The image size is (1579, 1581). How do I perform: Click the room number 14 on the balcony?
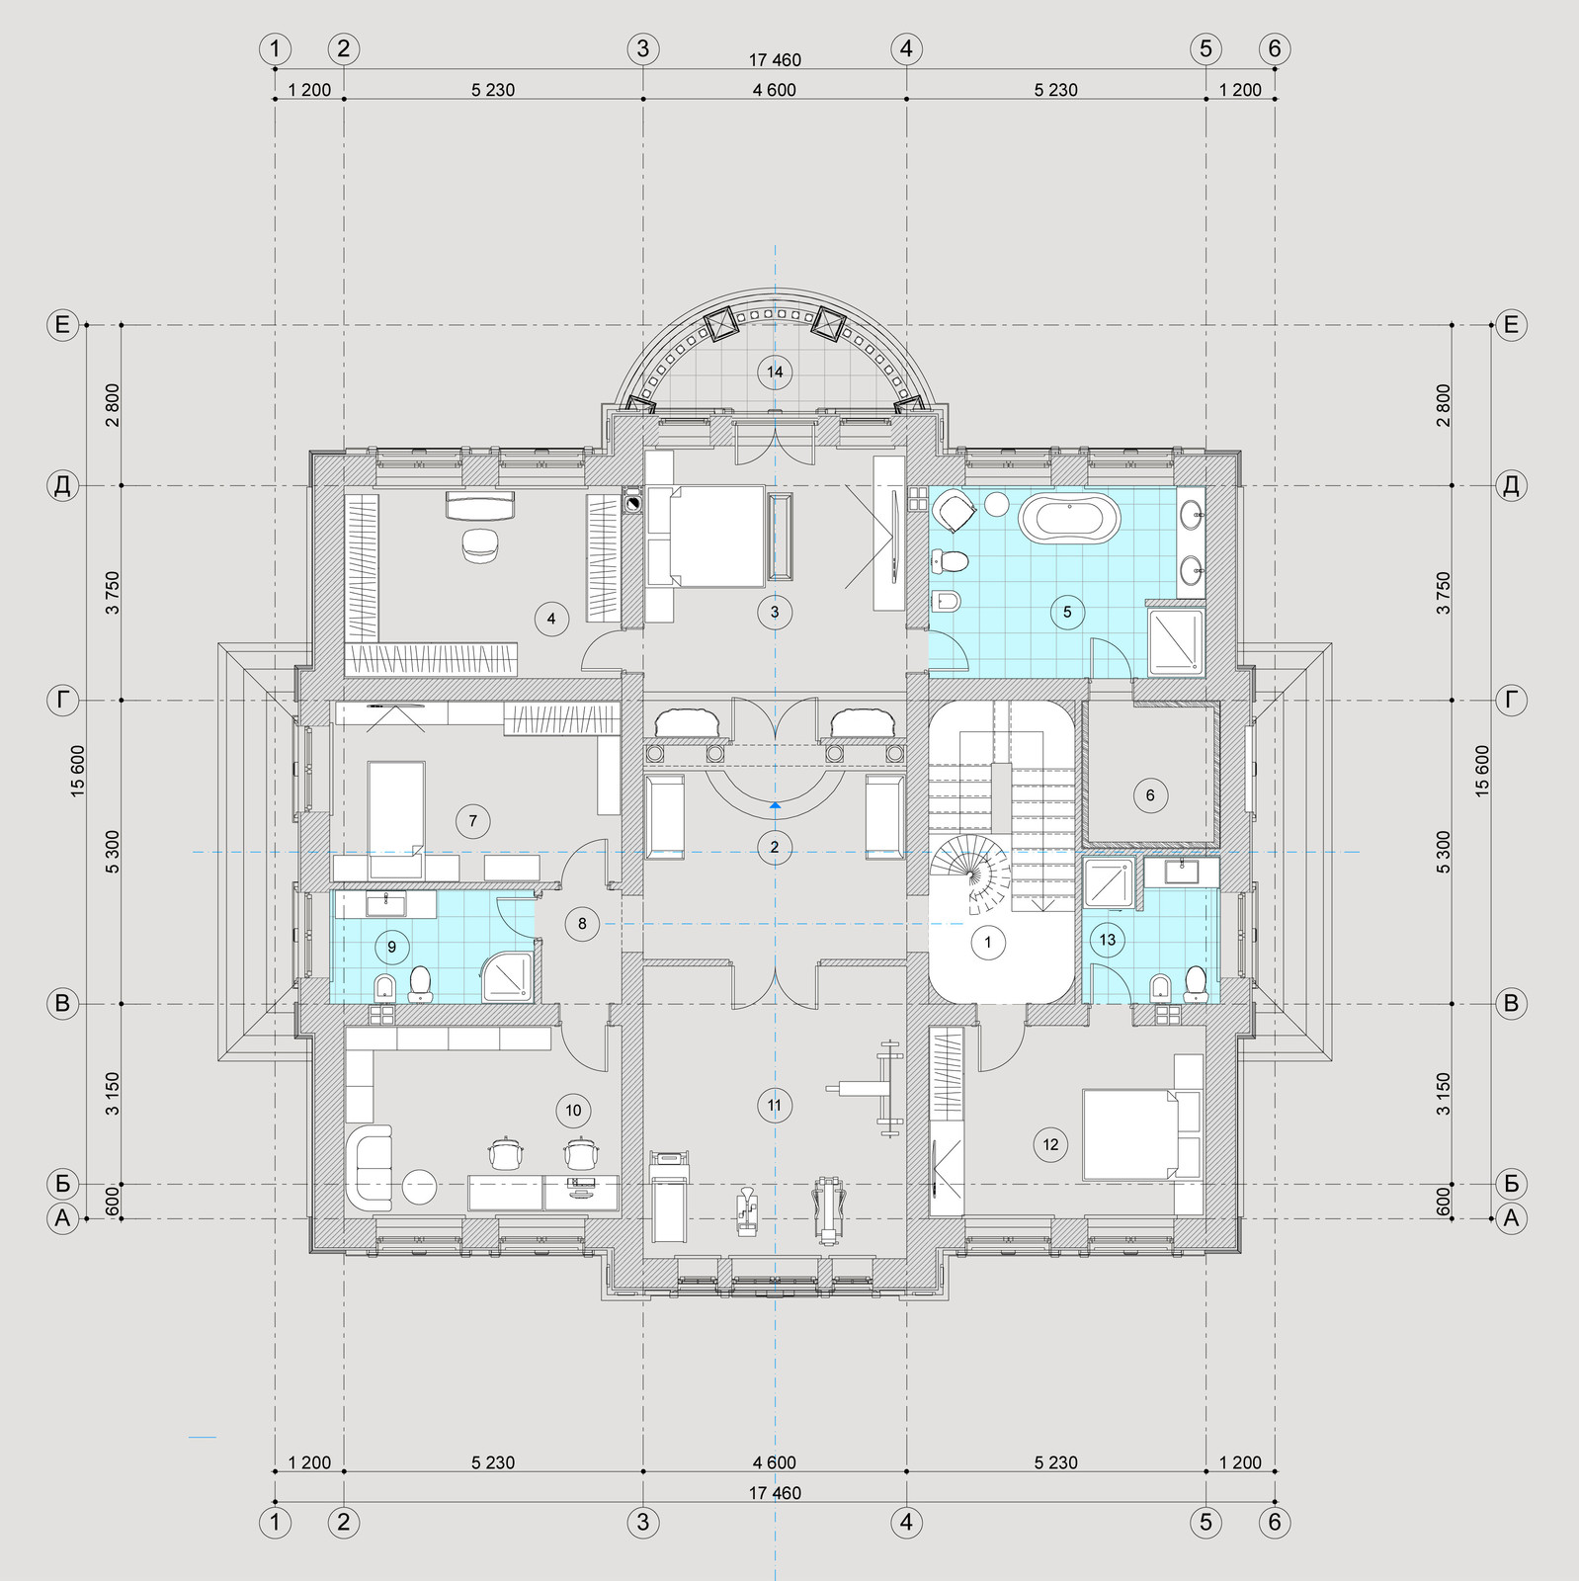(x=775, y=372)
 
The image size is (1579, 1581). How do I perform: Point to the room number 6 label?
(x=1150, y=795)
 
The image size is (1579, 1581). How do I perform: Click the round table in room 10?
(x=419, y=1187)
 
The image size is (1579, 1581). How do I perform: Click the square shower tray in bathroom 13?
(x=1114, y=882)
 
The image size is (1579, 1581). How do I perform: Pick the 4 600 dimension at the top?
(x=775, y=90)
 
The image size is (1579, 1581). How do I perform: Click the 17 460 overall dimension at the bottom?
(x=775, y=1493)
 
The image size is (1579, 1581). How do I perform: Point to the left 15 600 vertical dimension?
(x=78, y=772)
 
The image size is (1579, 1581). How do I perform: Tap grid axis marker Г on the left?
(x=63, y=702)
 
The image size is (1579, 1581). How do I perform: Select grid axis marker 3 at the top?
(x=643, y=48)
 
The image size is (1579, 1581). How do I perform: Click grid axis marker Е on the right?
(x=1511, y=324)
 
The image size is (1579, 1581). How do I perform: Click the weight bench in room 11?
(x=870, y=1087)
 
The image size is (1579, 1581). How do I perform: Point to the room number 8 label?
(x=582, y=924)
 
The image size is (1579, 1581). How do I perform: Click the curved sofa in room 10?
(x=370, y=1167)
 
